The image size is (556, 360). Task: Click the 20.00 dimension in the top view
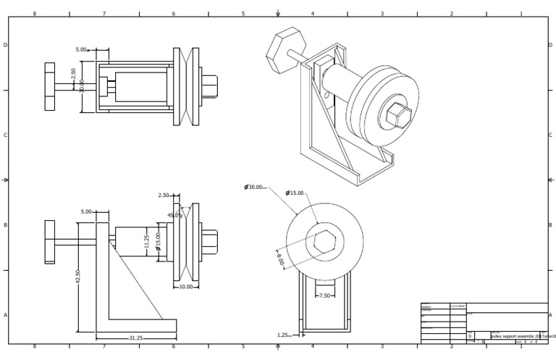click(x=82, y=85)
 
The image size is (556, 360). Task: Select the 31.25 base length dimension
click(x=135, y=338)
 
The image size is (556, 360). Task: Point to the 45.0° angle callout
click(x=174, y=215)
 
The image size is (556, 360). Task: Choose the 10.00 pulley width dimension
click(x=186, y=287)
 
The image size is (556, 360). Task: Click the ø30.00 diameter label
click(x=254, y=187)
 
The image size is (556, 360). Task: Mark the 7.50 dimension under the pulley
click(x=324, y=295)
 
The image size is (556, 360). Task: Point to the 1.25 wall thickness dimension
click(x=284, y=335)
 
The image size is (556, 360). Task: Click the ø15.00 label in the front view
click(x=295, y=193)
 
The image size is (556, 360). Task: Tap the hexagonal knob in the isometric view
click(x=279, y=49)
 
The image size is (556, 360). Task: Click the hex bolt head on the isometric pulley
click(x=398, y=114)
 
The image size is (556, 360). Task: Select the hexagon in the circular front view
click(x=324, y=240)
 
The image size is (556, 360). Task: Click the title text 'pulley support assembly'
click(x=515, y=336)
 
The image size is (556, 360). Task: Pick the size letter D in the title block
click(x=470, y=336)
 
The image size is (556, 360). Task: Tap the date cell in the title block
click(x=458, y=306)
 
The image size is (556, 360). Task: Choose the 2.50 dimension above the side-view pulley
click(x=164, y=196)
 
